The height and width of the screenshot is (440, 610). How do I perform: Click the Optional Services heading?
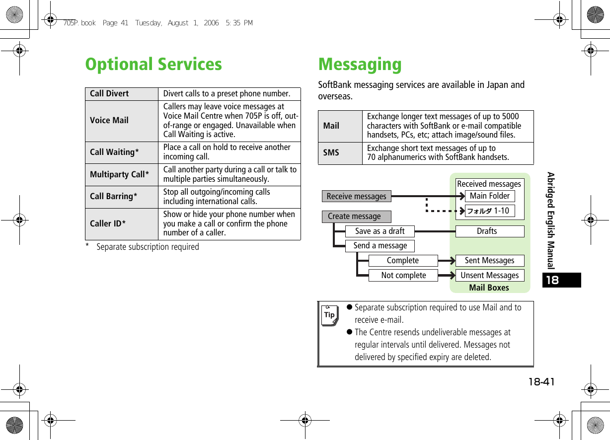[153, 64]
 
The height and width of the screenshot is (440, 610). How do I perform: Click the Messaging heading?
[360, 65]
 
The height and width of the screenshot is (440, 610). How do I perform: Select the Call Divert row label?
[109, 93]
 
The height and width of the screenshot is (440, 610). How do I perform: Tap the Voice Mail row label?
[109, 120]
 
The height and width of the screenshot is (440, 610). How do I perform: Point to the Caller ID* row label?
[108, 223]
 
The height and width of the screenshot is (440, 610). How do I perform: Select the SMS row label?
[331, 152]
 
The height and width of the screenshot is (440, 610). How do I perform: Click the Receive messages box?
[356, 196]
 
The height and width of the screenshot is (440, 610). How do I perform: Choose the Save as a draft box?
[380, 231]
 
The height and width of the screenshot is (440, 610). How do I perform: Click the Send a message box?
[380, 245]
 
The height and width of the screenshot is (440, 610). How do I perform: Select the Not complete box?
[403, 275]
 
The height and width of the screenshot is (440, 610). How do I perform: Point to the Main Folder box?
[490, 196]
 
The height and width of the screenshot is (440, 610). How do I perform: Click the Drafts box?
[487, 231]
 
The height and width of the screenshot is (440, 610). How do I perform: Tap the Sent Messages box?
[490, 260]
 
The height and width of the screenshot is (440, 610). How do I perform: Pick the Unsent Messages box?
[490, 275]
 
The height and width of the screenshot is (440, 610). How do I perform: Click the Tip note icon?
[329, 315]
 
